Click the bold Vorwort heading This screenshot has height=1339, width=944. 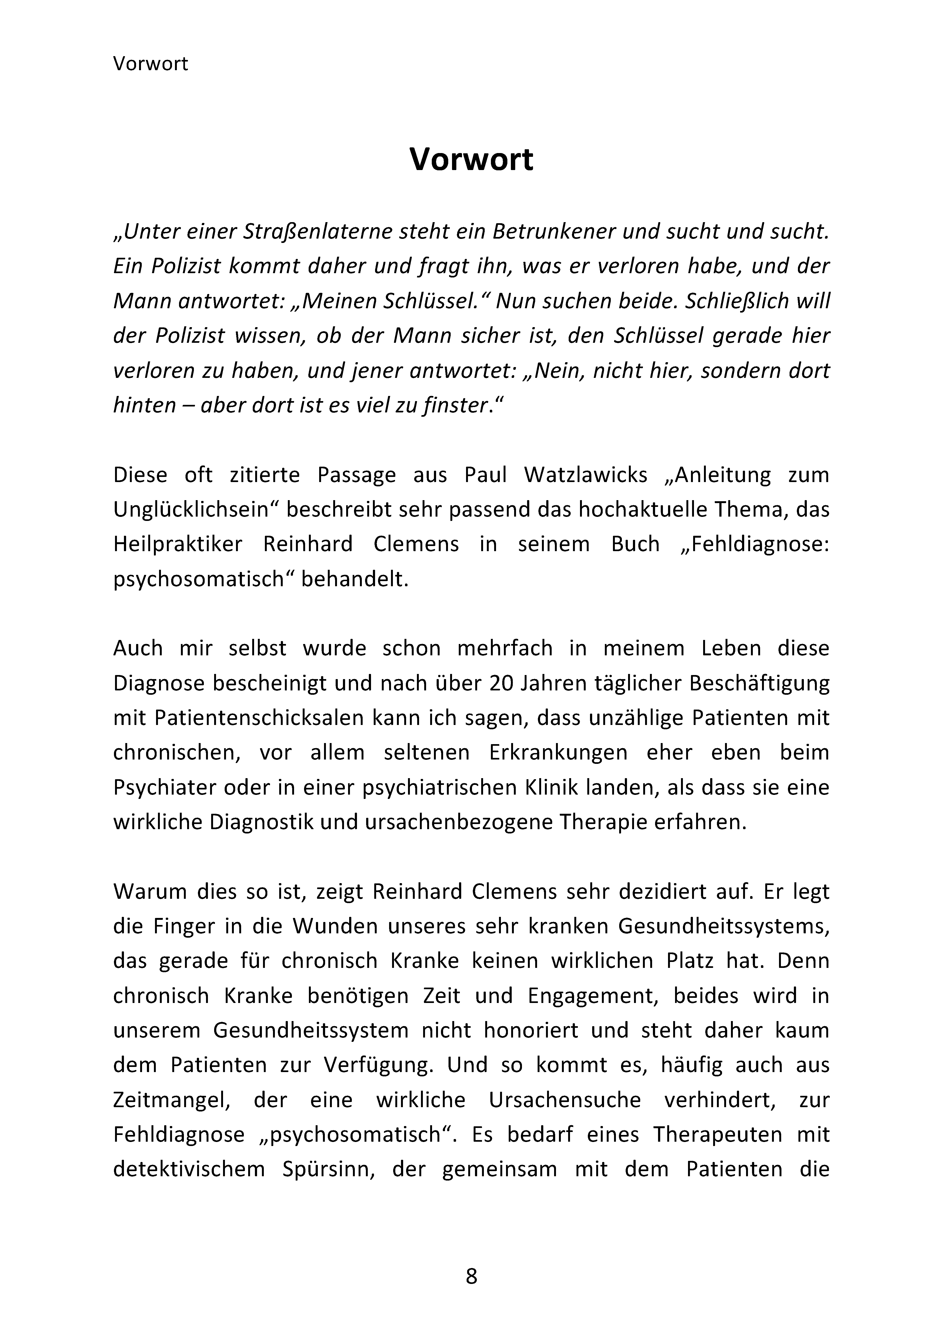pos(471,159)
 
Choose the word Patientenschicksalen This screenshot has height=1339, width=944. pos(260,717)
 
